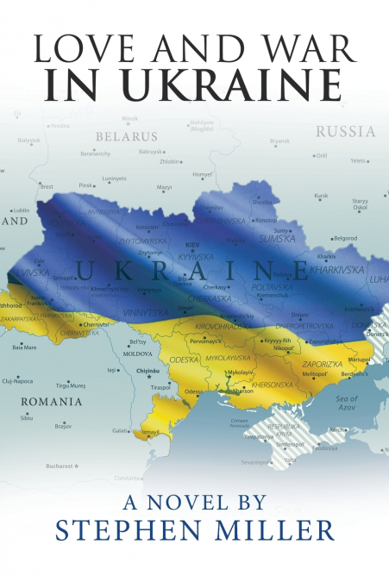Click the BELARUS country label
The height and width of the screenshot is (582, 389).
point(126,136)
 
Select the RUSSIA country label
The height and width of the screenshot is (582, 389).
point(345,132)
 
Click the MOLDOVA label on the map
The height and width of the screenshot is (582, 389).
point(138,354)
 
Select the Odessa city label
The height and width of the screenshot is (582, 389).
point(195,392)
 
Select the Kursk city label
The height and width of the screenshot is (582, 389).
point(321,195)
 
